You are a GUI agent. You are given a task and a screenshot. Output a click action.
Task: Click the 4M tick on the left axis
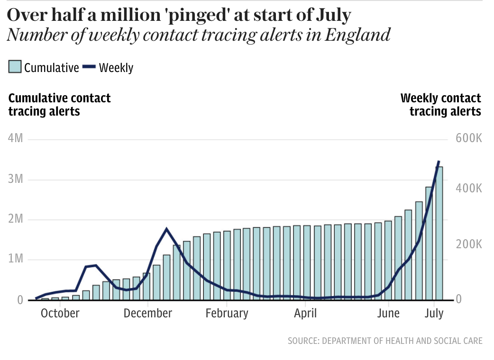(x=16, y=138)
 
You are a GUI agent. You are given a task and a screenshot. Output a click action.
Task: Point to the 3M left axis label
(x=16, y=179)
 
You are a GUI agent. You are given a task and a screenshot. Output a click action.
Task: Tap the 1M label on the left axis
(x=16, y=259)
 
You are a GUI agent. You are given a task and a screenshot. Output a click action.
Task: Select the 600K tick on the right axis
(x=468, y=138)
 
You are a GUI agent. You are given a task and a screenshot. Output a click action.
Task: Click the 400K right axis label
(x=468, y=189)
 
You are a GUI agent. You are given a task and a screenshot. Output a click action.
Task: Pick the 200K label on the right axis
(x=468, y=244)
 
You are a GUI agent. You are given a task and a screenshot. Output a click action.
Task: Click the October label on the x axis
(x=60, y=314)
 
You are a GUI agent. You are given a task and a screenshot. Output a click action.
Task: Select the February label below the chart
(x=227, y=314)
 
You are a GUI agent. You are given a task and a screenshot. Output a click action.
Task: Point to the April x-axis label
(x=305, y=314)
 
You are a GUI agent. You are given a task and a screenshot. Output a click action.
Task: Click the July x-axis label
(x=434, y=314)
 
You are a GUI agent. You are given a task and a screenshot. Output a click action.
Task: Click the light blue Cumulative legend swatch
(x=15, y=67)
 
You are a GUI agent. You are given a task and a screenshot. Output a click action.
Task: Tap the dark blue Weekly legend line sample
(x=89, y=67)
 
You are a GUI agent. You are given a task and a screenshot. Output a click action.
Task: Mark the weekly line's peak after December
(x=166, y=229)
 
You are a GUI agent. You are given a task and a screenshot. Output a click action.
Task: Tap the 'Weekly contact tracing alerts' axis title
(x=440, y=105)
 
